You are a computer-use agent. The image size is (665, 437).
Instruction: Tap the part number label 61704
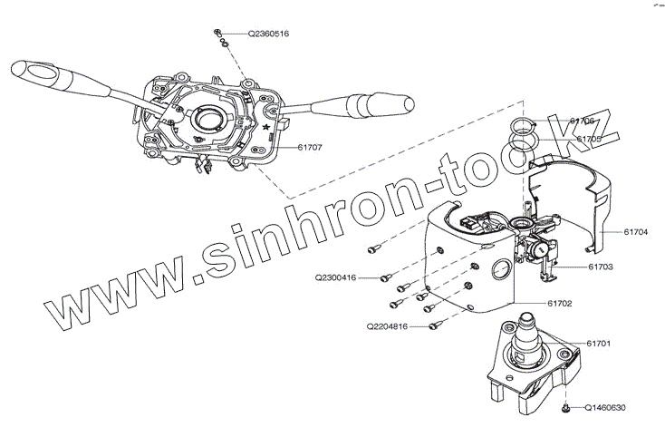click(636, 231)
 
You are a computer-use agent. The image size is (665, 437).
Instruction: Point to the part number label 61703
click(601, 267)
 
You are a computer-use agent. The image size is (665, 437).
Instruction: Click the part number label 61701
click(598, 344)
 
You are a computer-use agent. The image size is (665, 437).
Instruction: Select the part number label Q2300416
click(335, 277)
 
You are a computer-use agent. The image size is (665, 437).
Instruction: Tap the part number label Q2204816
click(387, 325)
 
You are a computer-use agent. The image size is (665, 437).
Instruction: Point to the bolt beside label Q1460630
click(565, 410)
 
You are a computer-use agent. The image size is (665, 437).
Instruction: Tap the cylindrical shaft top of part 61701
click(526, 322)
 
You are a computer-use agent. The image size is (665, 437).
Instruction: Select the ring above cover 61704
click(525, 126)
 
